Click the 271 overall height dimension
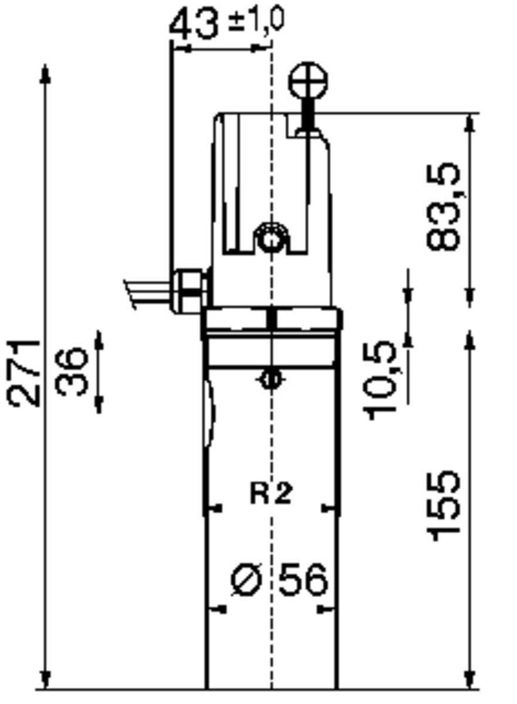pyautogui.click(x=25, y=373)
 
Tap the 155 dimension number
pyautogui.click(x=444, y=505)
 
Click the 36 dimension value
pyautogui.click(x=73, y=372)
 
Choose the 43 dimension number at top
pyautogui.click(x=194, y=25)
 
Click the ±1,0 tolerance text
pyautogui.click(x=256, y=19)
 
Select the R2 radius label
pyautogui.click(x=271, y=494)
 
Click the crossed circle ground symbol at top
pyautogui.click(x=308, y=83)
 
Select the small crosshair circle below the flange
pyautogui.click(x=269, y=380)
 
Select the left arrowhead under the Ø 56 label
pyautogui.click(x=218, y=610)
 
